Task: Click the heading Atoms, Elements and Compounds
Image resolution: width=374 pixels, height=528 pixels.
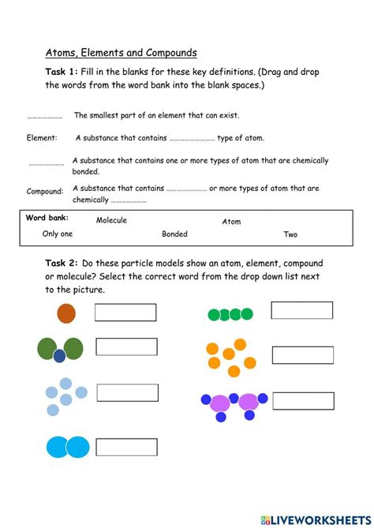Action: [x=121, y=53]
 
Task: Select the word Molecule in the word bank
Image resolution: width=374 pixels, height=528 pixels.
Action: [x=111, y=220]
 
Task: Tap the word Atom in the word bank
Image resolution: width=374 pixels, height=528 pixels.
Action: [x=231, y=222]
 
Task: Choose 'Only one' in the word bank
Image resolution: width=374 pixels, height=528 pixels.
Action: [x=58, y=234]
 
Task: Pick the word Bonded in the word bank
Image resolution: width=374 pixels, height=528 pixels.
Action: [x=174, y=234]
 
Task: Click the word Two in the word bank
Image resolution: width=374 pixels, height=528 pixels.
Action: [x=290, y=234]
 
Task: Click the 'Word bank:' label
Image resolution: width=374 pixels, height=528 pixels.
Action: [x=47, y=218]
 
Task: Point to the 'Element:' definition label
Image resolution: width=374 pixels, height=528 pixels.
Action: [x=42, y=138]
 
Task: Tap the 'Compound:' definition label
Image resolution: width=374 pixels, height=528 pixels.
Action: [x=44, y=191]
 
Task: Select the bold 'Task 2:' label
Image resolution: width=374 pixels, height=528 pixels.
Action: [x=62, y=263]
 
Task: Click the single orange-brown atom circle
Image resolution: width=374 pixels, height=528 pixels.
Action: [x=66, y=313]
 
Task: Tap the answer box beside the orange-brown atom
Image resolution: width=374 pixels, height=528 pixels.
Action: [x=125, y=313]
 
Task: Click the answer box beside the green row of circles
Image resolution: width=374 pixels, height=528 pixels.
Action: [x=302, y=310]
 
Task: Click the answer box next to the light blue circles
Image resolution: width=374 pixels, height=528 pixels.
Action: [x=128, y=392]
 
